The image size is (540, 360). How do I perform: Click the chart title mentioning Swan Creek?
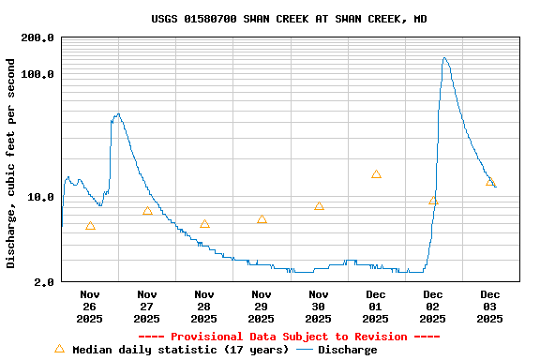click(x=289, y=19)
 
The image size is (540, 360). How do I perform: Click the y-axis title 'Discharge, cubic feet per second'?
click(x=11, y=163)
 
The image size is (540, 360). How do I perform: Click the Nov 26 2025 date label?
click(x=90, y=307)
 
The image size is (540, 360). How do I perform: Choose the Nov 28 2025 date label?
click(x=204, y=307)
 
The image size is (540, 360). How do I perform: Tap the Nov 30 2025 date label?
click(x=319, y=307)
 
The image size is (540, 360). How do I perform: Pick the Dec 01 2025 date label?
click(x=376, y=307)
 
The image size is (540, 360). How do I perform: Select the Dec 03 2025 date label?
click(x=490, y=307)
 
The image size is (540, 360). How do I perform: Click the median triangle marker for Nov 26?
click(x=90, y=226)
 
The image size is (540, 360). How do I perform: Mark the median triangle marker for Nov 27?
click(x=147, y=211)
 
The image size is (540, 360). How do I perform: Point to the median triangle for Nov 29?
click(x=262, y=219)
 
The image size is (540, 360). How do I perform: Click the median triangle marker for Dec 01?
click(x=376, y=174)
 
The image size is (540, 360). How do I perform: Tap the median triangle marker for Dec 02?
click(x=433, y=201)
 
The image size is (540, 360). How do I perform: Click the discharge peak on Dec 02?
click(x=445, y=58)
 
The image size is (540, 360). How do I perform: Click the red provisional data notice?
click(x=289, y=337)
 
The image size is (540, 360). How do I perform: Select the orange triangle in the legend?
click(x=59, y=349)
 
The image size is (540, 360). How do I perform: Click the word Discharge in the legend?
click(x=347, y=350)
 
